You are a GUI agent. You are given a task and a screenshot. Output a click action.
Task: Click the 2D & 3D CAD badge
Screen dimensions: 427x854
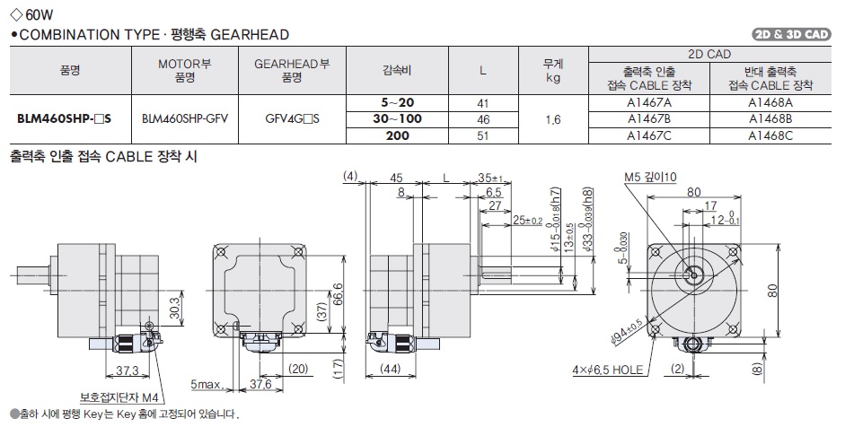(x=791, y=35)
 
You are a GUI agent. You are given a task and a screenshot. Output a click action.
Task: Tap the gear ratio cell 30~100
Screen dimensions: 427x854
(x=396, y=119)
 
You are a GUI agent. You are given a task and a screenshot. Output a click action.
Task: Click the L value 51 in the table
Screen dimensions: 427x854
(x=482, y=135)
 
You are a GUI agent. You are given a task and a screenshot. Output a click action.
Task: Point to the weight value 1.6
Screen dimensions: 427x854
(x=552, y=119)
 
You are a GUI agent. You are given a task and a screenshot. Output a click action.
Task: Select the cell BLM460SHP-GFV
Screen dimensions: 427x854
(x=184, y=119)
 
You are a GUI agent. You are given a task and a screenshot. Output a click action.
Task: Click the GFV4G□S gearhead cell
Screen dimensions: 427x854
(x=292, y=119)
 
